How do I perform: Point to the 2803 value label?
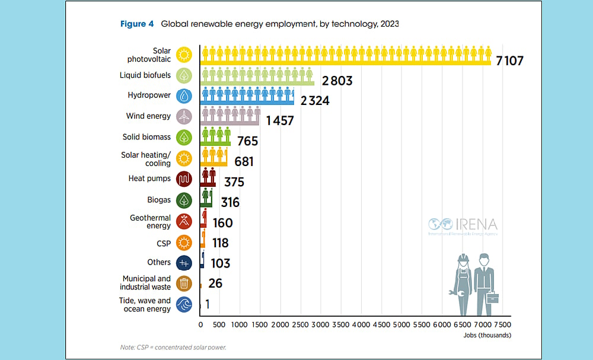point(337,81)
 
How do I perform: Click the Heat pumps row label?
point(149,179)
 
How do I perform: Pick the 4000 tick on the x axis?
point(361,325)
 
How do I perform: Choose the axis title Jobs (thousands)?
point(487,335)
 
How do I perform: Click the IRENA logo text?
point(476,225)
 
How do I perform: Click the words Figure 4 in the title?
point(137,24)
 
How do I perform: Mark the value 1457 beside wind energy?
point(280,121)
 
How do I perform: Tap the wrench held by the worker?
point(451,293)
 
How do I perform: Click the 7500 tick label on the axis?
point(502,325)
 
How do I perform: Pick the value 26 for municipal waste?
point(215,284)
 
